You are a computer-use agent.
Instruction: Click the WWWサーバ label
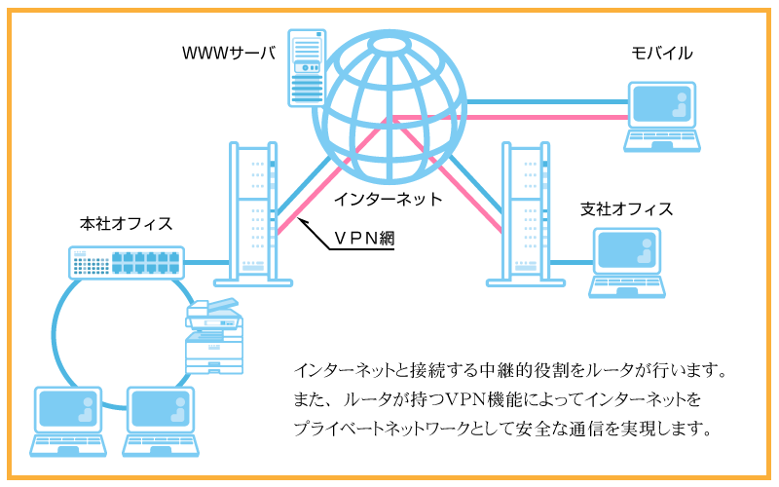[x=229, y=52]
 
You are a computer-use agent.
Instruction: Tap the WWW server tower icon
[x=307, y=67]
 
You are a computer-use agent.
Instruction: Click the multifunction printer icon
[x=212, y=336]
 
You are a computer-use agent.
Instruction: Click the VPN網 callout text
[x=363, y=237]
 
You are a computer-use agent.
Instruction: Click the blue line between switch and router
[x=206, y=262]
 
